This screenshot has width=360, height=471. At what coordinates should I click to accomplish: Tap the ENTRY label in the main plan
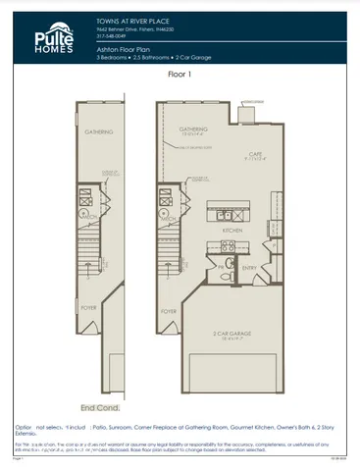click(x=248, y=267)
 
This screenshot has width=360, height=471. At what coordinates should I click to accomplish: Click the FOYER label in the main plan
click(x=168, y=311)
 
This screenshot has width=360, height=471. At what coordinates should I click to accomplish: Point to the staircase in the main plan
click(x=167, y=260)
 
